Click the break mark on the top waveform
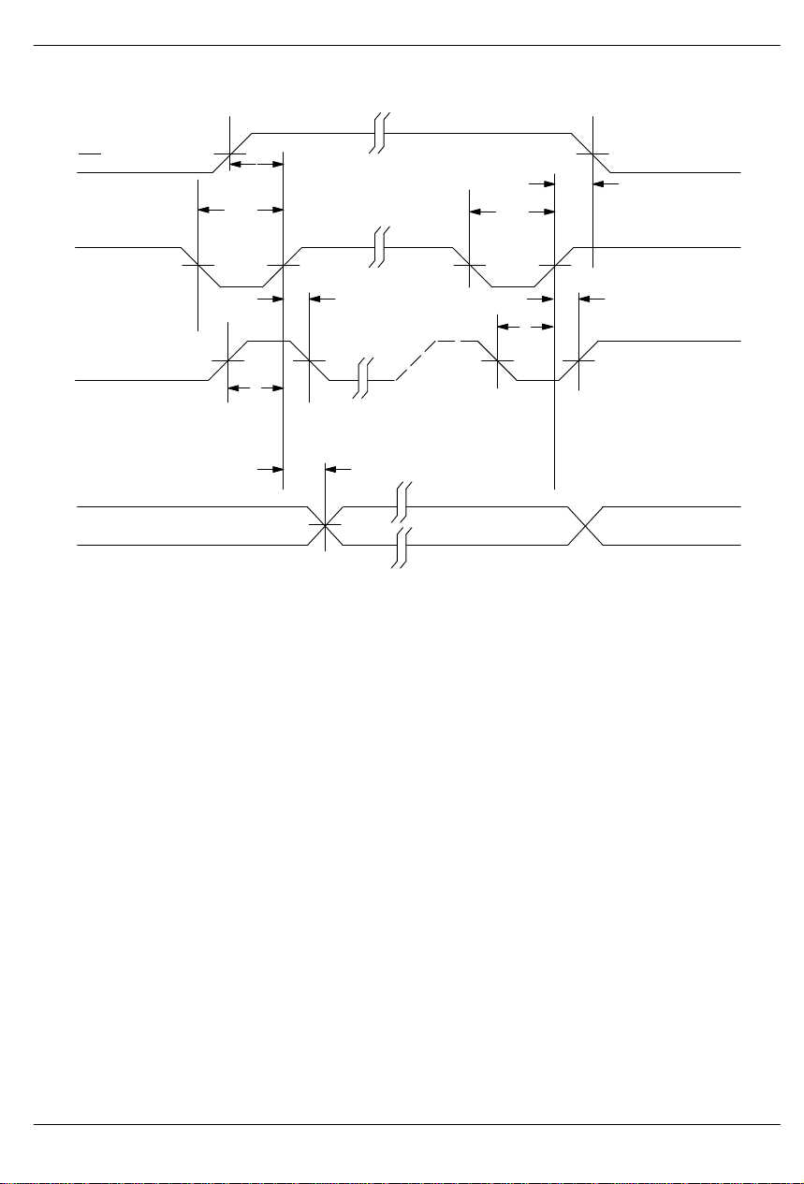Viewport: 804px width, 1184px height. (378, 133)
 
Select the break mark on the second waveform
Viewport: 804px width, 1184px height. (378, 247)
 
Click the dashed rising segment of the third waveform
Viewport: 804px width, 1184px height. (417, 360)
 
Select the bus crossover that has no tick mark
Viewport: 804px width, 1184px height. (585, 525)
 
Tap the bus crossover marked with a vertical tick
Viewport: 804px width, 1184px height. (325, 525)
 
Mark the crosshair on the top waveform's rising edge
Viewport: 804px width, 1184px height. (229, 153)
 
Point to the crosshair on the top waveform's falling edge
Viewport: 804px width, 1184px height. (592, 153)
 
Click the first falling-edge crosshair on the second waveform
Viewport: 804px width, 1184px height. (199, 266)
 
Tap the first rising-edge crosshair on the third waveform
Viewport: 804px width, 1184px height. (228, 360)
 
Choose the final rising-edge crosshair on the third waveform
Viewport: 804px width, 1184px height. (578, 360)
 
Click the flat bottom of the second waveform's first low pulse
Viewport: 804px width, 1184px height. (239, 286)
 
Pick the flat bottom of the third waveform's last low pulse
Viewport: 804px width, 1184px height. (537, 381)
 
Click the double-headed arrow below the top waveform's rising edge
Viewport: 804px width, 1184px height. (256, 164)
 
